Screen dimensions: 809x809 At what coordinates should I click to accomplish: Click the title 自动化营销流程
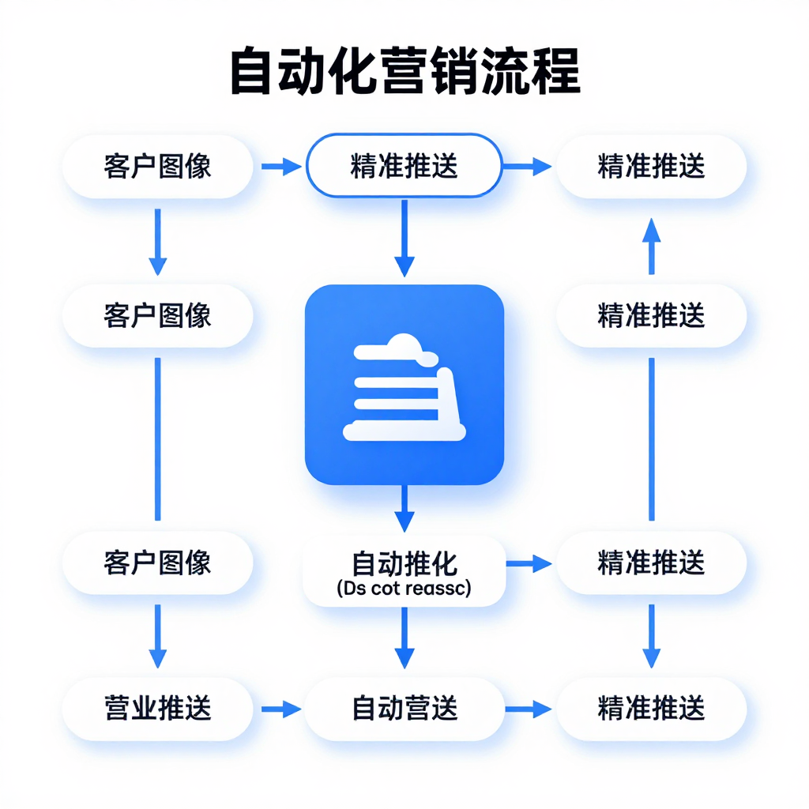404,72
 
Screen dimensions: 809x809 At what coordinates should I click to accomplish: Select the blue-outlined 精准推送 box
404,167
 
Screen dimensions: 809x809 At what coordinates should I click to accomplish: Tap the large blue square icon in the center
404,384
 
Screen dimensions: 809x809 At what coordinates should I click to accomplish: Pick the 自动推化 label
404,564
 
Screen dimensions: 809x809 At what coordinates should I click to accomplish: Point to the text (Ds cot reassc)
404,589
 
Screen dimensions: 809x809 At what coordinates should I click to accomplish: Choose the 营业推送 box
157,709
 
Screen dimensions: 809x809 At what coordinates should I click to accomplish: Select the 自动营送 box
404,709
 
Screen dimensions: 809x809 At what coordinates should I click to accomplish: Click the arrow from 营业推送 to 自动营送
280,709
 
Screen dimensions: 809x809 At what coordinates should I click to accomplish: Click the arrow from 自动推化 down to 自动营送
404,638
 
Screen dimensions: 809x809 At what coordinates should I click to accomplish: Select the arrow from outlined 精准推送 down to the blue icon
404,237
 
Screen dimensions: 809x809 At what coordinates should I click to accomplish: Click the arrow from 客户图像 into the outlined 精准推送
280,167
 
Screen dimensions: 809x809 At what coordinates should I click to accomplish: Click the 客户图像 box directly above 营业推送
157,563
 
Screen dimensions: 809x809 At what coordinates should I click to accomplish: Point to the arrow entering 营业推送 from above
157,637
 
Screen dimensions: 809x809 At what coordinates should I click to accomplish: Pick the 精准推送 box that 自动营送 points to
651,709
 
